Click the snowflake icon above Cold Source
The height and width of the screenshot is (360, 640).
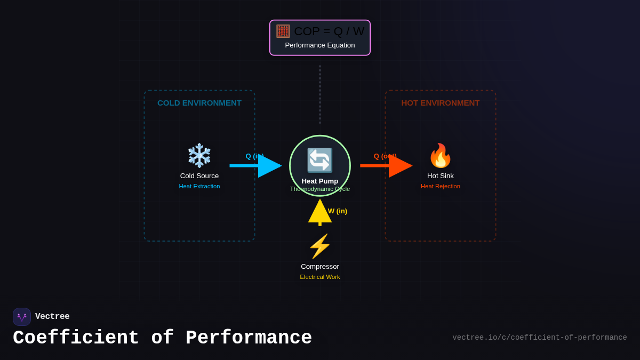(x=199, y=155)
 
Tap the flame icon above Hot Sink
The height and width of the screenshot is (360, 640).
(x=441, y=155)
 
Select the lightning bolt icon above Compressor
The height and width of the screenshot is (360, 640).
(x=320, y=246)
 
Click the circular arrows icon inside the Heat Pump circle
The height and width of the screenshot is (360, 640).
(x=320, y=160)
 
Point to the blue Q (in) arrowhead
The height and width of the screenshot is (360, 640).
(x=269, y=166)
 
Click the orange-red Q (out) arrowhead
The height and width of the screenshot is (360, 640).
(x=400, y=166)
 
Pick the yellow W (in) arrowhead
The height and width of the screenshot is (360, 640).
(x=320, y=211)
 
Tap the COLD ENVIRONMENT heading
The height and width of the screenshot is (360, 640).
(x=199, y=103)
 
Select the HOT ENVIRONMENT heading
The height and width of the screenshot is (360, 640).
(x=441, y=103)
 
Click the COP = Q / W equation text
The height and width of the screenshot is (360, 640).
(x=329, y=31)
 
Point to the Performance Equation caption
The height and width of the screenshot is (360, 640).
(x=320, y=45)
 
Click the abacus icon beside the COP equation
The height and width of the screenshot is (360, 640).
(x=283, y=31)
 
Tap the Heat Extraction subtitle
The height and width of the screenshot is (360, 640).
(x=199, y=186)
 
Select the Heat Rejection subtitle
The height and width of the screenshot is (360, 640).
(x=441, y=186)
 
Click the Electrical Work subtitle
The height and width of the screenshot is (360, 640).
(x=320, y=277)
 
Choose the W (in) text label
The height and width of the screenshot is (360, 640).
(x=338, y=211)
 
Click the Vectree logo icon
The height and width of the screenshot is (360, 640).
(x=22, y=317)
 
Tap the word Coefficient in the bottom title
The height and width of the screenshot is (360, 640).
(x=76, y=338)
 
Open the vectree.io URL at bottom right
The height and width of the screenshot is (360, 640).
(x=539, y=338)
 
